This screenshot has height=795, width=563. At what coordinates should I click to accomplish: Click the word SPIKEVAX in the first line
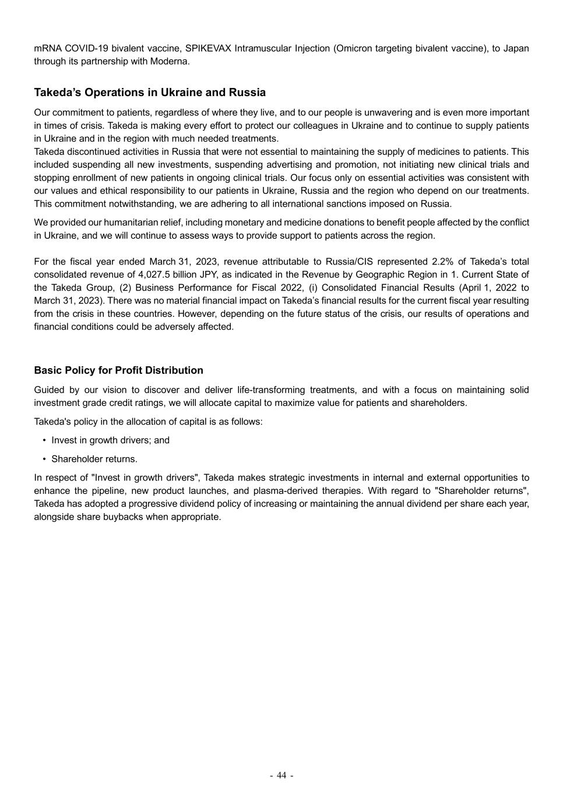[208, 48]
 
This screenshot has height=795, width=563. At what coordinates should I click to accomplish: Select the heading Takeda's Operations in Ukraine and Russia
[150, 93]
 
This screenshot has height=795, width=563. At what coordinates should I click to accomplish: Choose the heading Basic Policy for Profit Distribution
[119, 370]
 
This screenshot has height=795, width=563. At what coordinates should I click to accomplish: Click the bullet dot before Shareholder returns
[45, 459]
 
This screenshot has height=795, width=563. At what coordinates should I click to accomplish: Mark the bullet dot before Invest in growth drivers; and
[45, 440]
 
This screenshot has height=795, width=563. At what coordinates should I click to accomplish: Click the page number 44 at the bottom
[281, 775]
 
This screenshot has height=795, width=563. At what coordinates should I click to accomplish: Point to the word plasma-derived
[281, 491]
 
